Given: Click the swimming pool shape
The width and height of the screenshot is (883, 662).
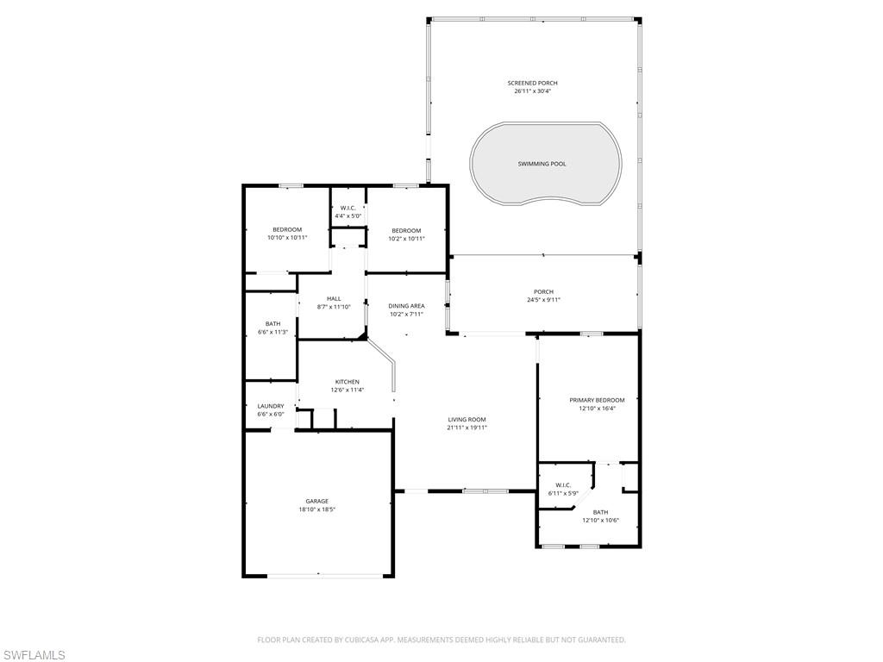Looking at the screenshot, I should [x=545, y=164].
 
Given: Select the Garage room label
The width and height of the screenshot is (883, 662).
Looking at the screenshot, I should [x=316, y=505].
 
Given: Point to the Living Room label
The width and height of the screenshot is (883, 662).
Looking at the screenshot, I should [x=467, y=423].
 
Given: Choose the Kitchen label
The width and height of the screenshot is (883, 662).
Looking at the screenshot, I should [x=348, y=385].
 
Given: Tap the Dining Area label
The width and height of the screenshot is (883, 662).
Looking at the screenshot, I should [x=406, y=309].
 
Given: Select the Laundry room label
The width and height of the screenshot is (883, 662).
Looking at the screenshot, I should [x=271, y=410].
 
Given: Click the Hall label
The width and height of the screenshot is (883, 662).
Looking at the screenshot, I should [x=334, y=303].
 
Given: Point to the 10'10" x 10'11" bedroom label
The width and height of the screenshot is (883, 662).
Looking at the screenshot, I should [x=287, y=233].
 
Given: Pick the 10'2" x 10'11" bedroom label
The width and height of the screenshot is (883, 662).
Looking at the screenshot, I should [x=406, y=234].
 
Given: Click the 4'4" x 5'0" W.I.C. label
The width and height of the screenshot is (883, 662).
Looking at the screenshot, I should [x=348, y=211].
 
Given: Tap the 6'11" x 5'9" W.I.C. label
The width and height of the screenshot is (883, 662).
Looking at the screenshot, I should [x=563, y=489].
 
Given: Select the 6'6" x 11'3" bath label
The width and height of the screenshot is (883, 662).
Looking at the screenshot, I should [x=272, y=328].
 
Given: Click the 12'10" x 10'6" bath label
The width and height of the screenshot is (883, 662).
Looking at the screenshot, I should [x=600, y=516].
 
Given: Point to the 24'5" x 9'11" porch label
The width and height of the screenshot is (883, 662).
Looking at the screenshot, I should [x=543, y=296].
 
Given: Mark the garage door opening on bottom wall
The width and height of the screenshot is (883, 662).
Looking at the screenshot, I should [x=318, y=575].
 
